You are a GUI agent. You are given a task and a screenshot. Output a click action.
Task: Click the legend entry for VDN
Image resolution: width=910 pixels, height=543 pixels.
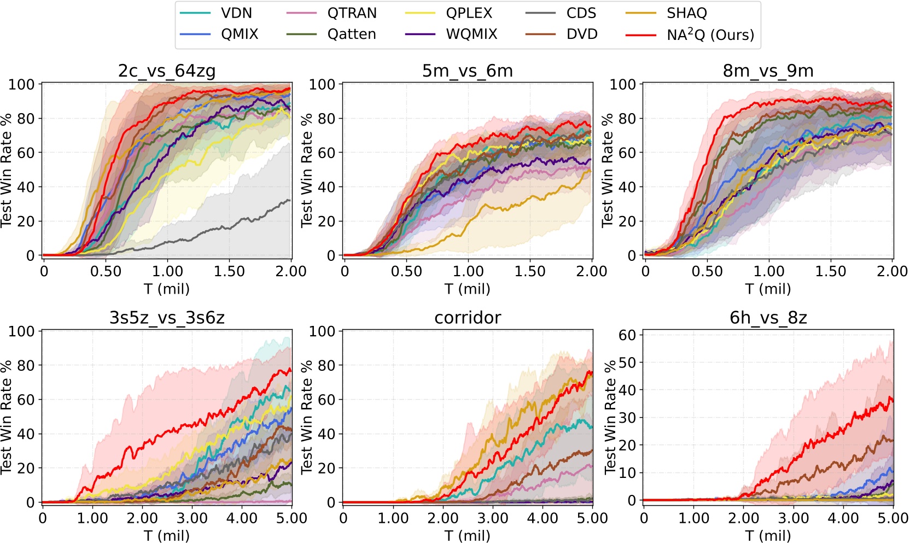[236, 13]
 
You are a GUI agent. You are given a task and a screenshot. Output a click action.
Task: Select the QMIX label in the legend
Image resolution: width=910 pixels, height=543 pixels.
[239, 34]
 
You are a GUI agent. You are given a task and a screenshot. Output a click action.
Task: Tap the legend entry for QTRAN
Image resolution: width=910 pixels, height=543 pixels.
[352, 13]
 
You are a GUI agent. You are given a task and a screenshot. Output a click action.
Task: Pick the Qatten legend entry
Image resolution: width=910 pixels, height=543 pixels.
[352, 34]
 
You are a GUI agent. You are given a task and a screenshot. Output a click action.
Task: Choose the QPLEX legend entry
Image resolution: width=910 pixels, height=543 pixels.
[469, 13]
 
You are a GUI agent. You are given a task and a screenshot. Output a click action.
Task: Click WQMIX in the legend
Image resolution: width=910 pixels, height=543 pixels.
[471, 34]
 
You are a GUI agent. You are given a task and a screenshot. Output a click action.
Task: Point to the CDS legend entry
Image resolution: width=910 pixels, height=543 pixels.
[581, 13]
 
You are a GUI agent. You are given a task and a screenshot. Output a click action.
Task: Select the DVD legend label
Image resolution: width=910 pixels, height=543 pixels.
[582, 34]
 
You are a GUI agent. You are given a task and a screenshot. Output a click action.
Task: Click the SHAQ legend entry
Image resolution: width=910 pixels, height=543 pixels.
[686, 13]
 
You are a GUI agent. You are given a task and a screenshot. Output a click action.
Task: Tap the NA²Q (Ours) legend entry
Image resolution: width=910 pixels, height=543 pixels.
[710, 34]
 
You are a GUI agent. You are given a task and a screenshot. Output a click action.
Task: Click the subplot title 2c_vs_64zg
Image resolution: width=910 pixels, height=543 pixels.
[167, 71]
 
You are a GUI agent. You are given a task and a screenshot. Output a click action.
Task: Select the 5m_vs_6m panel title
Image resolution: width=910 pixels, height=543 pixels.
[468, 71]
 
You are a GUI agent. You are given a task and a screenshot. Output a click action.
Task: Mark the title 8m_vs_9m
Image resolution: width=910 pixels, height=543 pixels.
[768, 71]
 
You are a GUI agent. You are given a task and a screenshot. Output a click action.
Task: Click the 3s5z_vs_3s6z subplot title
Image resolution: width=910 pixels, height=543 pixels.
[167, 318]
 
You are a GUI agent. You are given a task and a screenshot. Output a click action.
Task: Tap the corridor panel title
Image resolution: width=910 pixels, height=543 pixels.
[468, 318]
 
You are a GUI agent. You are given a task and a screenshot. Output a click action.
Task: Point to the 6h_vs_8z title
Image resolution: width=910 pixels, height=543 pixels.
[768, 318]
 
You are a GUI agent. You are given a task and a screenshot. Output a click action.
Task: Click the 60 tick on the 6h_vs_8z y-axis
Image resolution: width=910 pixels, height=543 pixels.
[627, 335]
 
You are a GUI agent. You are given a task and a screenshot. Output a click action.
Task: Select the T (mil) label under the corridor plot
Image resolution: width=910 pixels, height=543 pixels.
[468, 535]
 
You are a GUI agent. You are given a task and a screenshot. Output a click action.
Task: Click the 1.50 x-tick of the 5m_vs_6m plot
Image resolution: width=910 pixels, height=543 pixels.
[530, 271]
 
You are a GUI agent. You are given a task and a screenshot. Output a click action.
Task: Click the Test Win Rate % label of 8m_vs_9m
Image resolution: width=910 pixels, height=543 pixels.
[607, 170]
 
